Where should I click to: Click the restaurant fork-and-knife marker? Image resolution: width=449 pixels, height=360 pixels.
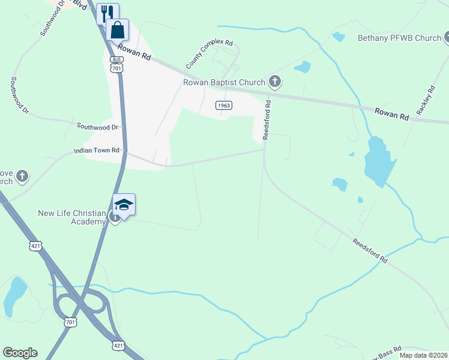(x=107, y=13)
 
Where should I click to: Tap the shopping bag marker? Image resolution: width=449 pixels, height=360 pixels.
(x=118, y=29)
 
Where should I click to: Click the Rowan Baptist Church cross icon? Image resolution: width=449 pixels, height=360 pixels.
(x=275, y=82)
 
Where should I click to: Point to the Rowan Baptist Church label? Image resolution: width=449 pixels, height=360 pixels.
(x=224, y=82)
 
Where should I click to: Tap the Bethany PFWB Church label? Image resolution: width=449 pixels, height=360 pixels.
(x=399, y=38)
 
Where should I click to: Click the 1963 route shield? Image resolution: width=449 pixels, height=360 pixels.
(x=223, y=105)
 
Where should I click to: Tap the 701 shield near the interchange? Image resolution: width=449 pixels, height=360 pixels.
(x=70, y=323)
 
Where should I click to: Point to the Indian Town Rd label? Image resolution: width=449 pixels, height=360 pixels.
(x=97, y=150)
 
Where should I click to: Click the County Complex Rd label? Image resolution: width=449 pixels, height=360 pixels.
(x=208, y=53)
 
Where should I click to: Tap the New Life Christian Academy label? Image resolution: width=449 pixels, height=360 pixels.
(x=72, y=217)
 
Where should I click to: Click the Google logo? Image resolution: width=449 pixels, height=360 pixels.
(x=20, y=353)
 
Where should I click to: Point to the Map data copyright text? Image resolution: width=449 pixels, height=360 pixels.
(x=423, y=355)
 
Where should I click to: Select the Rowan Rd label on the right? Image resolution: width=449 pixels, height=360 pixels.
(x=391, y=113)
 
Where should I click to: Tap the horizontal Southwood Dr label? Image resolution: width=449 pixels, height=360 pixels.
(x=97, y=127)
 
